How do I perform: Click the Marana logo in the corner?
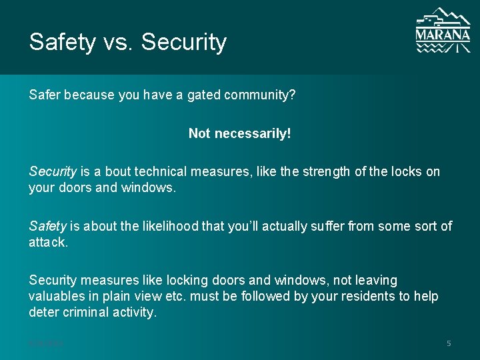(443, 31)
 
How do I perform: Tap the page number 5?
(449, 343)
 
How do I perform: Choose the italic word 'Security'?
(53, 172)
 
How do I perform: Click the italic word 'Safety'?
(48, 227)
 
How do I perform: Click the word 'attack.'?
(48, 243)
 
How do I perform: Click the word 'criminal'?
(91, 313)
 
